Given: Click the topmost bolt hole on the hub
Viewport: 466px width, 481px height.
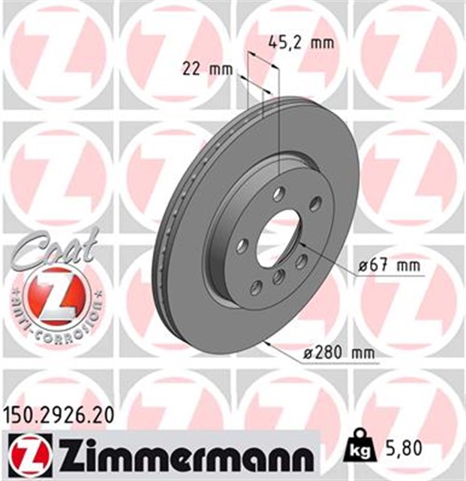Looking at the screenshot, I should pos(279,194).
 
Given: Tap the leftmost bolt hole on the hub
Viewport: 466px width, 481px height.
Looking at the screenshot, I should pos(242,246).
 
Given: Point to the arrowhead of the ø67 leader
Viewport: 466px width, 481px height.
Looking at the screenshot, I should pos(301,245).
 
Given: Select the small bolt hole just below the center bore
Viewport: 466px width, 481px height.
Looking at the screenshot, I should pos(278,277).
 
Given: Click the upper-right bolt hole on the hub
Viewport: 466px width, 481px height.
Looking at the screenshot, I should pos(316,201).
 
